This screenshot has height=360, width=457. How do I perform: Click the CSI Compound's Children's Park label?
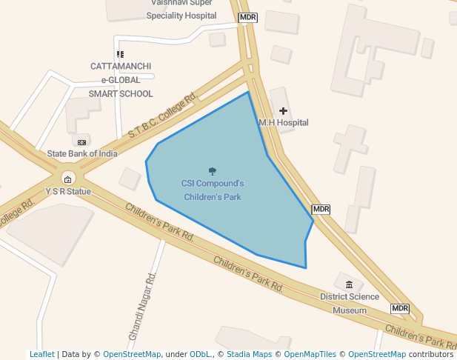[212, 190]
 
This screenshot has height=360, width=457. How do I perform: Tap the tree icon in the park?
[213, 171]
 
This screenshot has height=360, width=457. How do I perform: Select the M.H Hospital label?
[283, 122]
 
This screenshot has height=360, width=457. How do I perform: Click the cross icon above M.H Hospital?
[283, 110]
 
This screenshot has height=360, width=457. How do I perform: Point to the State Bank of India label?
[82, 153]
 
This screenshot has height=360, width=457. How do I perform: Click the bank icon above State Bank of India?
[81, 141]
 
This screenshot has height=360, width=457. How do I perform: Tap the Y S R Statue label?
[67, 191]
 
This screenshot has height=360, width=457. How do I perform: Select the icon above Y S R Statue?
[67, 179]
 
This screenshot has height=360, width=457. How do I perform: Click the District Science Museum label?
[349, 304]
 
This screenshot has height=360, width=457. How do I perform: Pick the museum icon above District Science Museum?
[349, 285]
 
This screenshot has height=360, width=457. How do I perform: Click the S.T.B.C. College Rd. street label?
[161, 116]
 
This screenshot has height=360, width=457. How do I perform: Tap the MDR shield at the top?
[247, 17]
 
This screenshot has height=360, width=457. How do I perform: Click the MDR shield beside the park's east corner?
[321, 210]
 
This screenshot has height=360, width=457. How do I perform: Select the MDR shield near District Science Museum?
[400, 308]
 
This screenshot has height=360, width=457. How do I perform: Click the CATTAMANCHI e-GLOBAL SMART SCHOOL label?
[121, 80]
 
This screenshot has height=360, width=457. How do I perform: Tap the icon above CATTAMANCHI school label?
[120, 54]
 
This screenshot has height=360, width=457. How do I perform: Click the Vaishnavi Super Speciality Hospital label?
[181, 9]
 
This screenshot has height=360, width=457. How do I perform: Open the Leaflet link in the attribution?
[41, 354]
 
